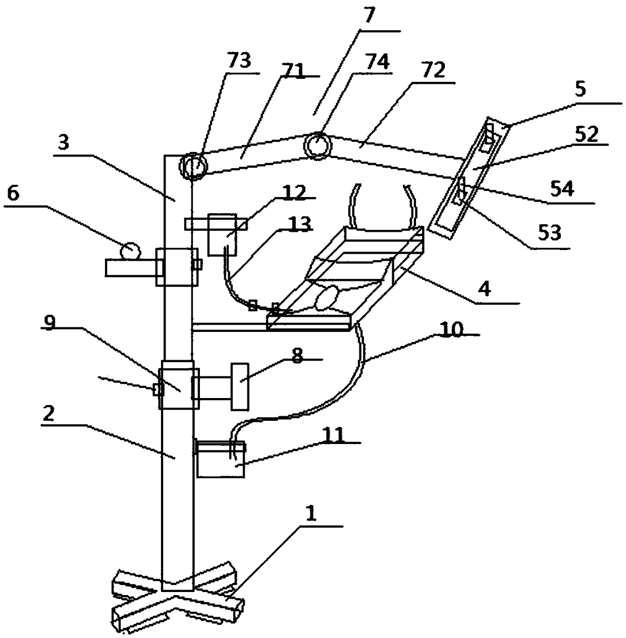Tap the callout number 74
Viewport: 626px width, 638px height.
[377, 62]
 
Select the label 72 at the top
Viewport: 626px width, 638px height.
[434, 71]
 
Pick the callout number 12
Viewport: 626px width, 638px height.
[293, 193]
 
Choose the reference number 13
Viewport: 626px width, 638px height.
[299, 224]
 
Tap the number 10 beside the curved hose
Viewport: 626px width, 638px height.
[451, 330]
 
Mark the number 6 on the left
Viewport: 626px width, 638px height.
[13, 193]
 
